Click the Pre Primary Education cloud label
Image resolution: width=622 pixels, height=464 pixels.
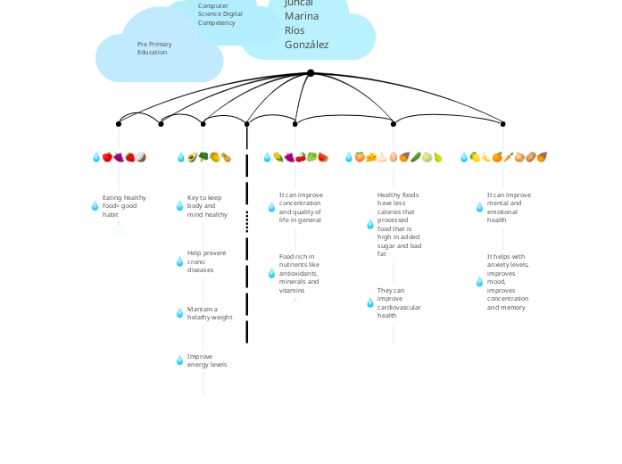[x=154, y=48]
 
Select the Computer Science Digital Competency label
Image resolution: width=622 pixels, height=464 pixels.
[x=220, y=13]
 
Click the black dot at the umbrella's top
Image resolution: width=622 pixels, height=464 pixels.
[x=311, y=73]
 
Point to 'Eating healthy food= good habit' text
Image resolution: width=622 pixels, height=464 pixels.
[x=124, y=206]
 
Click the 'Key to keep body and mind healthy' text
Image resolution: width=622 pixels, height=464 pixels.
[x=207, y=206]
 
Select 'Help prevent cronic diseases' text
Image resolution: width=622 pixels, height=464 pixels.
[x=206, y=261]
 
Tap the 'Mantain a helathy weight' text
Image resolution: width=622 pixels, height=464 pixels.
[x=210, y=313]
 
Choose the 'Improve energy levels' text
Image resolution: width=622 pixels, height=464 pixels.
[x=206, y=360]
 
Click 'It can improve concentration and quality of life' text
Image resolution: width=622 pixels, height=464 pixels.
[x=301, y=207]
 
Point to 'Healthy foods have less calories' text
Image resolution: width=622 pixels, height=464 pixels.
[x=400, y=224]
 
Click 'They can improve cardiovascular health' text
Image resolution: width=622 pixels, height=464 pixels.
[x=399, y=302]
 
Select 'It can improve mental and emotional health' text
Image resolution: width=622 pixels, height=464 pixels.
[x=509, y=207]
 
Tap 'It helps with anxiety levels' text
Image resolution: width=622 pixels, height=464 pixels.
[x=508, y=282]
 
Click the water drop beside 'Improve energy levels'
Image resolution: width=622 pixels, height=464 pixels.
[x=179, y=360]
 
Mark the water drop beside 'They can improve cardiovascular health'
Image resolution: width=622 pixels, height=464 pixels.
[x=370, y=302]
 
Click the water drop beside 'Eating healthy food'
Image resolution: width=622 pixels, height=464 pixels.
[x=95, y=206]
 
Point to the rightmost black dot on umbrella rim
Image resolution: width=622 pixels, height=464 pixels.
[x=503, y=124]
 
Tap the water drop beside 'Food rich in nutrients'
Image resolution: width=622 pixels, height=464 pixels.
[x=271, y=273]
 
